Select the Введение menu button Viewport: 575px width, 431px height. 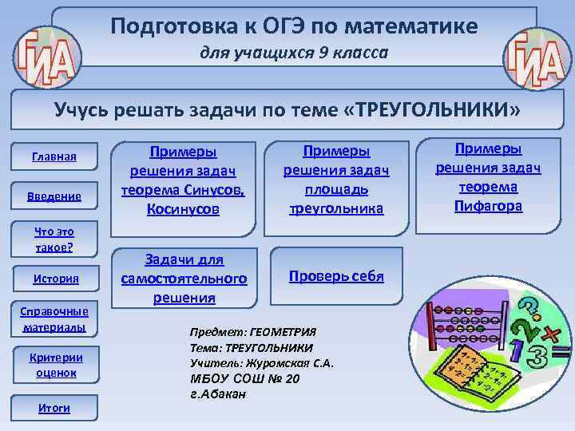[x=55, y=196]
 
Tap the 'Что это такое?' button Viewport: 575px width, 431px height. [x=55, y=239]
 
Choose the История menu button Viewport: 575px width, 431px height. [x=55, y=278]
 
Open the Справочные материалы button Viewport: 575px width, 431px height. [x=55, y=319]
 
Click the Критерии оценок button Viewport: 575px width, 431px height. [x=55, y=364]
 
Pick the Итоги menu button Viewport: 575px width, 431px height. [x=55, y=408]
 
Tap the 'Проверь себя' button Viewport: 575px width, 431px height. [x=336, y=276]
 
